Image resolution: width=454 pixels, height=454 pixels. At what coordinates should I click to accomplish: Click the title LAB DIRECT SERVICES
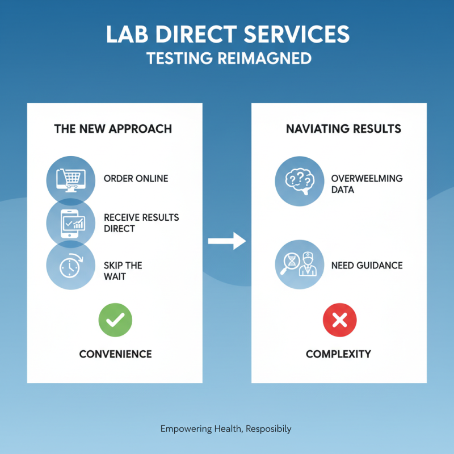point(227,35)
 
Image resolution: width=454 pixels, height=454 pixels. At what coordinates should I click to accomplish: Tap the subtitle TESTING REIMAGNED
point(227,58)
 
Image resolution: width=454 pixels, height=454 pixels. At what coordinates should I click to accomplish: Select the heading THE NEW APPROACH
point(113,128)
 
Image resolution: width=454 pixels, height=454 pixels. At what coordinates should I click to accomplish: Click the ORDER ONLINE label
point(136,178)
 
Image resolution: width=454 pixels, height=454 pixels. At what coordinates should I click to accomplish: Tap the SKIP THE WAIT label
point(123,271)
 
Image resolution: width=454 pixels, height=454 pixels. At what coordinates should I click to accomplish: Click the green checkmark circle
point(115,320)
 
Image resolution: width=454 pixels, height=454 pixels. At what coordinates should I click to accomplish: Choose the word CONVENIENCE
point(115,354)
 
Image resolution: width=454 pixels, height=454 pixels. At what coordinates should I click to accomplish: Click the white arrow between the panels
point(226,242)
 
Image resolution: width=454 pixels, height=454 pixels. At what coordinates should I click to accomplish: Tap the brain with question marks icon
point(299,181)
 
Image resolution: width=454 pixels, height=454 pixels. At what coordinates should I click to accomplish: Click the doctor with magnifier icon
point(299,264)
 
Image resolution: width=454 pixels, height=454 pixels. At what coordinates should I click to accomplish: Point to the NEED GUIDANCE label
point(367,265)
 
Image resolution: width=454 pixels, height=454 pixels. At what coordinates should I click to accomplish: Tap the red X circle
point(339,320)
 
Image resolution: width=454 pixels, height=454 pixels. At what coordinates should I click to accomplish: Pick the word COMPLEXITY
point(338,354)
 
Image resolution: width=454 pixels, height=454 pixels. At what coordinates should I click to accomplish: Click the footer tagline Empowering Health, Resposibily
point(226,428)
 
